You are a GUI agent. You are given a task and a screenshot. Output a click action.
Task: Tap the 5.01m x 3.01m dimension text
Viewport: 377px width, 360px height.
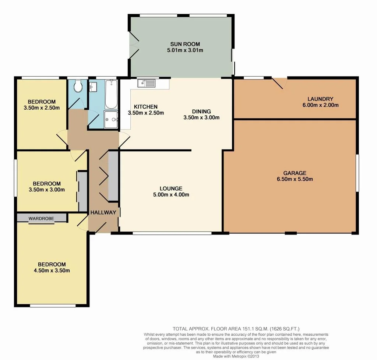pos(185,50)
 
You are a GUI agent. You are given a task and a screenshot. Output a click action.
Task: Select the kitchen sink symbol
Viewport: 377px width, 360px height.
pos(146,84)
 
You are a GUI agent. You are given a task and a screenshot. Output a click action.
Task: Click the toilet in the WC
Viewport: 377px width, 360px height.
pos(78,87)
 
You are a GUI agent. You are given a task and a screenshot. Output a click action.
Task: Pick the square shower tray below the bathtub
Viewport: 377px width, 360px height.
pos(110,119)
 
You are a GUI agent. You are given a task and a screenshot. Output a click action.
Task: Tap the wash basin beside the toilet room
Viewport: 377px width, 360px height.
pos(93,87)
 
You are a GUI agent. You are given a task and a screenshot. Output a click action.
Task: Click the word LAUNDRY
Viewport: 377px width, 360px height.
pos(320,99)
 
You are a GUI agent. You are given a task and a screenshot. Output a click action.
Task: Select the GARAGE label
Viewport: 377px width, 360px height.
pos(295,173)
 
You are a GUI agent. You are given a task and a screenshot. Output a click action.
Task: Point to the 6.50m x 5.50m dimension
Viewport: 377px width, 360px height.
pos(295,180)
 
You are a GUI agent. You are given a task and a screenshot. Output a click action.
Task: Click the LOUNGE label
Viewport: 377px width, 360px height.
pos(172,188)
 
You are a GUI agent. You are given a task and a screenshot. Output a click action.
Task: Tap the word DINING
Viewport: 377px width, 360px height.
pos(201,111)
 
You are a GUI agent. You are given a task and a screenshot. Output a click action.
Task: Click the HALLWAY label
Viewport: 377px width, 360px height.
pos(103,212)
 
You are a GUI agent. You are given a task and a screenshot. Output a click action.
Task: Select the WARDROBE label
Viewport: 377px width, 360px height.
pos(41,218)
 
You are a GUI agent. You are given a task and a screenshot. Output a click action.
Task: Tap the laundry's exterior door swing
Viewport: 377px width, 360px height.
pos(279,83)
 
